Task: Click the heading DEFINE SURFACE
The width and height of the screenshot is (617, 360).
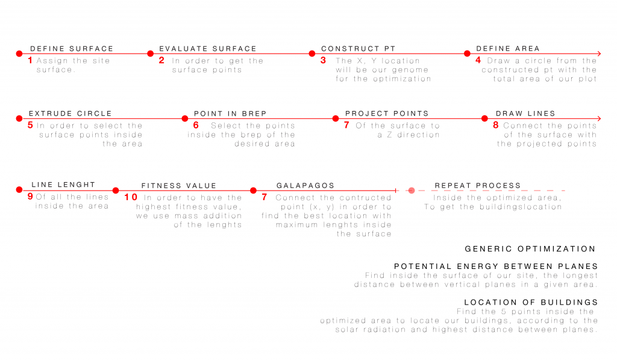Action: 71,49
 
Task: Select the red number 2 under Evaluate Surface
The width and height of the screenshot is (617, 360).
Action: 161,60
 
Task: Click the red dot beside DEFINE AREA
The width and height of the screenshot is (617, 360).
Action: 467,54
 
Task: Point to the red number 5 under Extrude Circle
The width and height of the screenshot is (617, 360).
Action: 30,125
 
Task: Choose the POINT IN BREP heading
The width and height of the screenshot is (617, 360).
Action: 230,114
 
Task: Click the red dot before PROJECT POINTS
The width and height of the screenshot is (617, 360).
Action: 335,119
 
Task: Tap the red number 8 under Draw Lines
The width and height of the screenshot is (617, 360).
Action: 496,125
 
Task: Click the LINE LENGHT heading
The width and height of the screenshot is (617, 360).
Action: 63,185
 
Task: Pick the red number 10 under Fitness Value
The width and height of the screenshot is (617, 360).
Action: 131,197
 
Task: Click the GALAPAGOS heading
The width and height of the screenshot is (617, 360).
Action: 305,186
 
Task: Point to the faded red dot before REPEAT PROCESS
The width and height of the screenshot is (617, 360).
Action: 412,191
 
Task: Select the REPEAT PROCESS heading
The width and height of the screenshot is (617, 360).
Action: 478,186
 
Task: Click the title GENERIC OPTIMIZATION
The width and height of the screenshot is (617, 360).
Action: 530,249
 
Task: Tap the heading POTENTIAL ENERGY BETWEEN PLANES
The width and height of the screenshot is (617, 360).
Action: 495,267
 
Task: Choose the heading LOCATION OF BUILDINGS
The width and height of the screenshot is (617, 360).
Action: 531,303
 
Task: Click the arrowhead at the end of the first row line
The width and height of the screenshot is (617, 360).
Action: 598,54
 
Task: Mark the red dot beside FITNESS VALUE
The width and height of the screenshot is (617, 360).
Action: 115,191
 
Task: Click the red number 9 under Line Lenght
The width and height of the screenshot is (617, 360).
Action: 30,196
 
